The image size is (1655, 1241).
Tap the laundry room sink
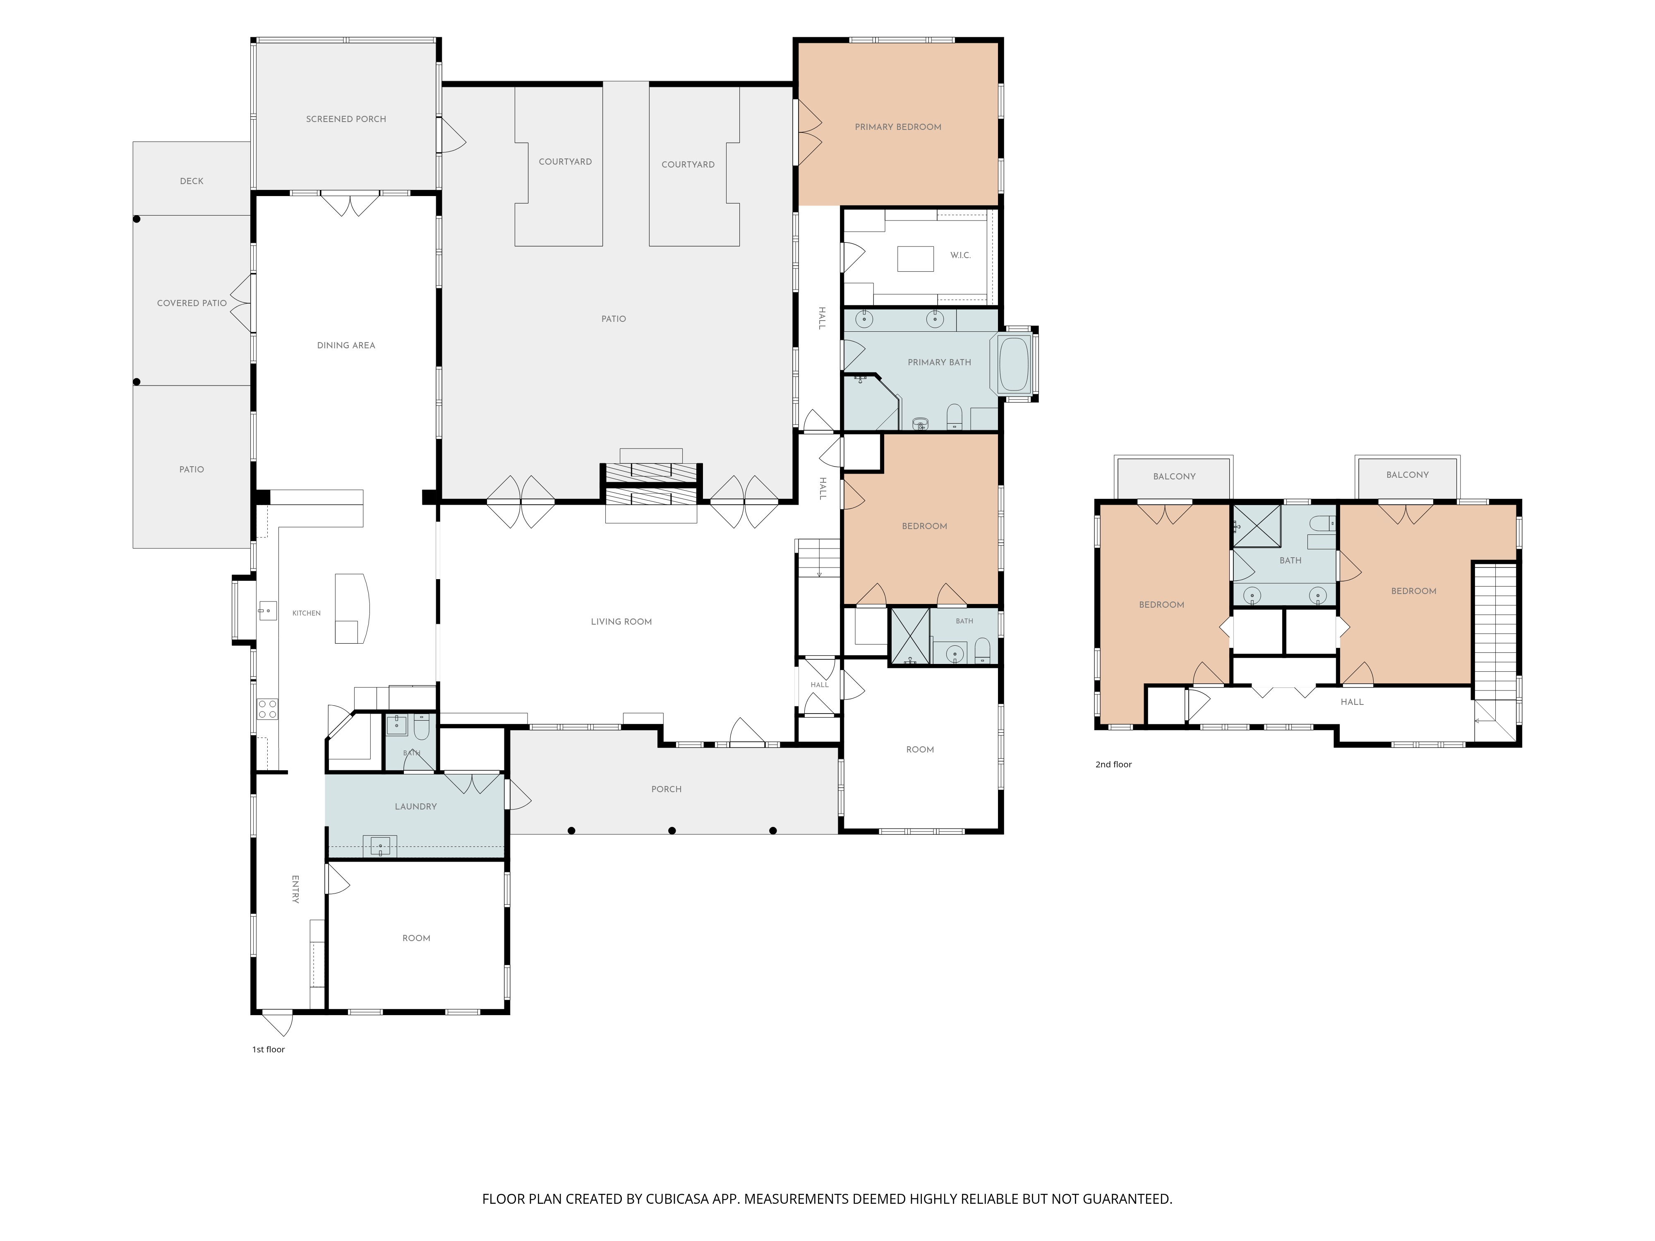pos(380,846)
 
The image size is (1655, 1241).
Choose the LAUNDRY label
pos(415,806)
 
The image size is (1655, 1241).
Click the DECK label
pos(192,181)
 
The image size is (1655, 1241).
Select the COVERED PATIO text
pos(192,303)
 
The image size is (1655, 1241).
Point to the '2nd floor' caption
pos(1113,764)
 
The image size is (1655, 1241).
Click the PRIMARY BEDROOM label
pos(898,127)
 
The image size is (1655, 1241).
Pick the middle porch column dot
pos(672,830)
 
